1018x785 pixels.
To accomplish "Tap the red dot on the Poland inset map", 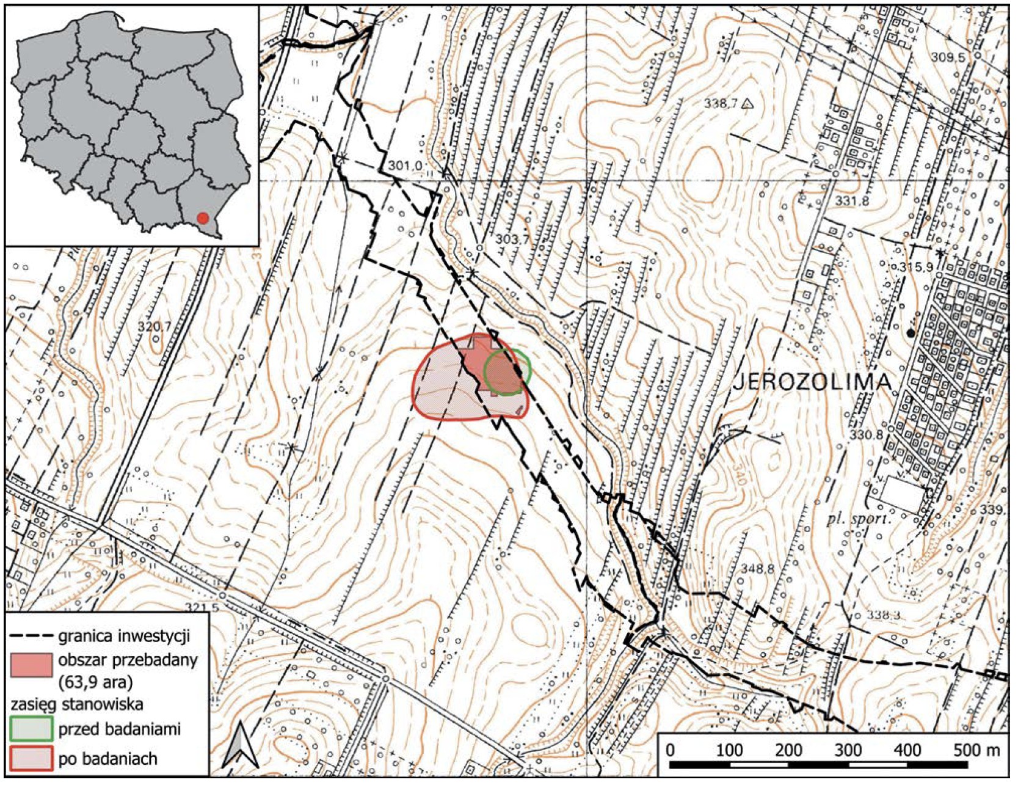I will [203, 218].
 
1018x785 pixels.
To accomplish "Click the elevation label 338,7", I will [721, 104].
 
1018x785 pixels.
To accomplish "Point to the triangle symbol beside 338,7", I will [746, 104].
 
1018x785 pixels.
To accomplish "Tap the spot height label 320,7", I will [154, 327].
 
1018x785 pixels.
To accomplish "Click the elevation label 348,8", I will [757, 569].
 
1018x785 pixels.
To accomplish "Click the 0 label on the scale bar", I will [671, 750].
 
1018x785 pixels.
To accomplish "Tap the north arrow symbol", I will [241, 743].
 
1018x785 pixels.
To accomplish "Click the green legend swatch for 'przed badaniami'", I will [31, 728].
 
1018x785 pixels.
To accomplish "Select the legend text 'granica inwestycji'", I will [125, 636].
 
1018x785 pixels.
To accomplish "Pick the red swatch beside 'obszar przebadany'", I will [31, 665].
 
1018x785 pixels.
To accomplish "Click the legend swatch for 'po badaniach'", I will [31, 759].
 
